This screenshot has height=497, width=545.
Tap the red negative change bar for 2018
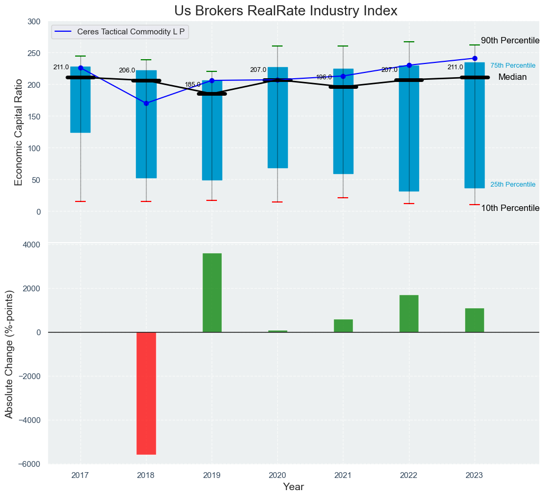tap(146, 393)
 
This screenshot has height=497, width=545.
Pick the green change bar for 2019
tap(212, 292)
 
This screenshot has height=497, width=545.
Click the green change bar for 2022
tap(409, 314)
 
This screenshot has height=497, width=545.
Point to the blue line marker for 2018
tap(146, 103)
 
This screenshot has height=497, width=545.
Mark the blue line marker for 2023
tap(475, 58)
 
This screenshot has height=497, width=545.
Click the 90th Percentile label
tap(510, 41)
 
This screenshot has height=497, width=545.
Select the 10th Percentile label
tap(510, 208)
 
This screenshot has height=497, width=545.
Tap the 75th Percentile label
tap(513, 66)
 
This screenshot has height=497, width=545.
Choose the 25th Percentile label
tap(513, 185)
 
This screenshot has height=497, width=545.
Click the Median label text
tap(512, 77)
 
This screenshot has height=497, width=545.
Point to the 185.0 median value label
tap(193, 85)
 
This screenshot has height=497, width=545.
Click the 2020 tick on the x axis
tap(277, 475)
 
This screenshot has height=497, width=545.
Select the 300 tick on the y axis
tap(34, 22)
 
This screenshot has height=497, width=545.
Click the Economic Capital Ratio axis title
tap(19, 132)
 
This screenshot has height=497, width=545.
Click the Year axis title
tap(293, 487)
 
